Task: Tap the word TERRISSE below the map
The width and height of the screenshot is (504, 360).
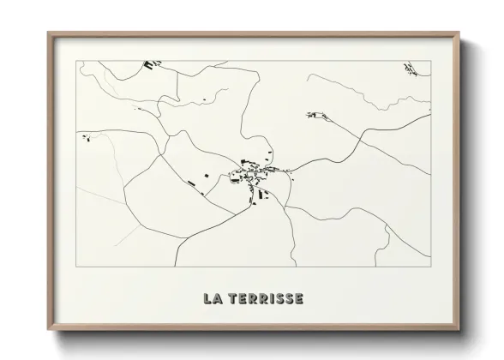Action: tap(265, 299)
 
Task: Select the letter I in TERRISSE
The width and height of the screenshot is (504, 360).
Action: tap(272, 299)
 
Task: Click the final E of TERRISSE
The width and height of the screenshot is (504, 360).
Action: tap(297, 299)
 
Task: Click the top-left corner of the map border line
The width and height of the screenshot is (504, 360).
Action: tap(77, 61)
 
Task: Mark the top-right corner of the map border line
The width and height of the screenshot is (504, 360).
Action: tap(430, 61)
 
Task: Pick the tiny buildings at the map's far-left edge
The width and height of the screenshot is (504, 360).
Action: tap(85, 136)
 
